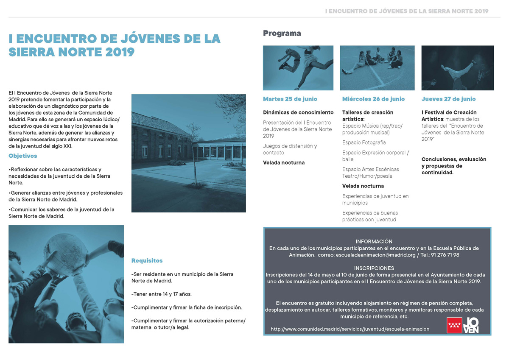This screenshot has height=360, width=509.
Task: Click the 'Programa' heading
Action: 282,33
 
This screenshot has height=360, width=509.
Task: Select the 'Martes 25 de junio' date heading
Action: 290,99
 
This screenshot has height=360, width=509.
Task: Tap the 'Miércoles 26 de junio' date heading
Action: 373,99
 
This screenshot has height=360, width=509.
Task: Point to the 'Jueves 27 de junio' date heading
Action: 448,99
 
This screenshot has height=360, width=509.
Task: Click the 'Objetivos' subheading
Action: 23,156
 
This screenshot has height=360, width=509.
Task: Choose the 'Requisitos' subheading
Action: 147,261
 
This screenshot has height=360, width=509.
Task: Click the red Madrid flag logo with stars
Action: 454,326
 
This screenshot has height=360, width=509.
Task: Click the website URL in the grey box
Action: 350,329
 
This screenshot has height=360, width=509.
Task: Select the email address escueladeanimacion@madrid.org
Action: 375,255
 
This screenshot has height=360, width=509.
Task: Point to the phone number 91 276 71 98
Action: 445,255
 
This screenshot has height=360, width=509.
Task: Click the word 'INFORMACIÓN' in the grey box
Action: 374,241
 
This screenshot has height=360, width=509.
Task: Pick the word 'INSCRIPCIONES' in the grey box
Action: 374,268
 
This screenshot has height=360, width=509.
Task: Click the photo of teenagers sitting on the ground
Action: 377,68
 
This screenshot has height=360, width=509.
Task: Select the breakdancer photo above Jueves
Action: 457,68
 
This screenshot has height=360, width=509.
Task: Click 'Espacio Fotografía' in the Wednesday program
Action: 364,142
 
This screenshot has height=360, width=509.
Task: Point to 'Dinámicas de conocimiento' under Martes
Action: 298,112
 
